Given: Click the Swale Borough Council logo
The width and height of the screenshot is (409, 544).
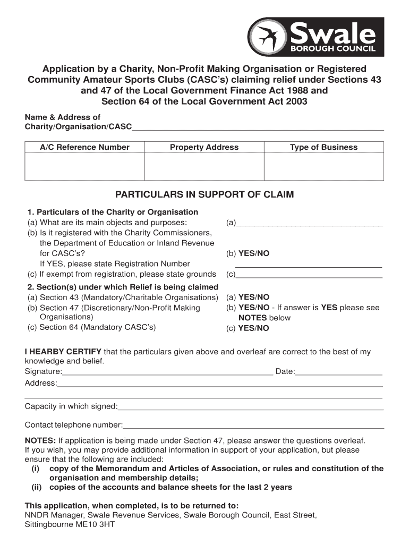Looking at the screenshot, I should (x=316, y=37).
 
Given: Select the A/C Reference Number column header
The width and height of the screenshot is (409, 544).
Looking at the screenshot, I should (x=84, y=147).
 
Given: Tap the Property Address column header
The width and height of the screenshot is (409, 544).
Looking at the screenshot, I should (x=204, y=147).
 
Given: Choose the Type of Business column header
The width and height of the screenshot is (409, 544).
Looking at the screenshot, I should (x=323, y=147).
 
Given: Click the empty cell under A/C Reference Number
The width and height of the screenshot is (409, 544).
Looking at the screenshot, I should (x=84, y=167).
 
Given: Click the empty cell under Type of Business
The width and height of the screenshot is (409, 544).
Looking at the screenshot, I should (x=323, y=167).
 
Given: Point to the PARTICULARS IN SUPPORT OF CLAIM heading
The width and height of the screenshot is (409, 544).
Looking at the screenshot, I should (x=204, y=194).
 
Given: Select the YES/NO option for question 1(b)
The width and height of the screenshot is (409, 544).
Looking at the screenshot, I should (x=254, y=253).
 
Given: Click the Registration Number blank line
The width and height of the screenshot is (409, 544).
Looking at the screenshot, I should (x=308, y=265).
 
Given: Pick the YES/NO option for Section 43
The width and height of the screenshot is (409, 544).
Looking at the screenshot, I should (x=254, y=297).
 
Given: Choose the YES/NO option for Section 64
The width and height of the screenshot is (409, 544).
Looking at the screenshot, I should (x=254, y=328).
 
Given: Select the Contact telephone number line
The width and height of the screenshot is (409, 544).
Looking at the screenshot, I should (x=253, y=426).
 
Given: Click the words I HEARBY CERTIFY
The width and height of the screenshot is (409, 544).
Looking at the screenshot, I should (x=63, y=352).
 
